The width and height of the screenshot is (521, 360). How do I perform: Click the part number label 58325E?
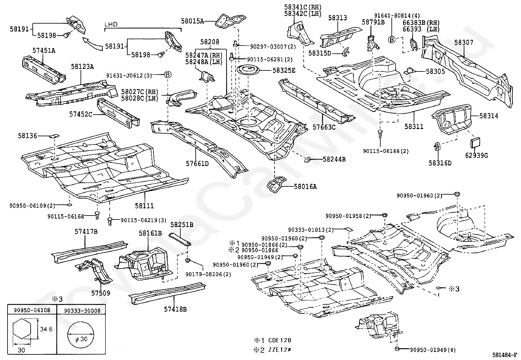point(284,70)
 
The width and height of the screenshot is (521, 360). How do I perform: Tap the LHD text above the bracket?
point(111,24)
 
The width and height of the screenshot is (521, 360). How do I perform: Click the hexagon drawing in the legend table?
point(22,330)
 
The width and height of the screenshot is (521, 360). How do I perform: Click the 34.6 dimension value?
point(46,329)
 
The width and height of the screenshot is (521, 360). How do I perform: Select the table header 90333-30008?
point(82,311)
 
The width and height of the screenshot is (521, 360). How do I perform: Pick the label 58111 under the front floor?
point(144,206)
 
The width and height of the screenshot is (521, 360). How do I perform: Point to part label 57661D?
point(197,164)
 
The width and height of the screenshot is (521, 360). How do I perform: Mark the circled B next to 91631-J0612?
point(168,75)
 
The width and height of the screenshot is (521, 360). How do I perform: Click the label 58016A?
point(305,186)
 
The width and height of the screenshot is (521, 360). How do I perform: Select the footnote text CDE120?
point(279,340)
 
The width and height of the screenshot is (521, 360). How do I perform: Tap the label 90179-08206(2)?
point(208,274)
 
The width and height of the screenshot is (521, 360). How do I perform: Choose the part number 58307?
point(464,42)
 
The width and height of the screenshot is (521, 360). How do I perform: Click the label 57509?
point(100,293)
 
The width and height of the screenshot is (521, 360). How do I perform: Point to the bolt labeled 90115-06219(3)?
point(110,221)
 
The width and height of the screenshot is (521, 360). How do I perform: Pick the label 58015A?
point(192,21)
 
